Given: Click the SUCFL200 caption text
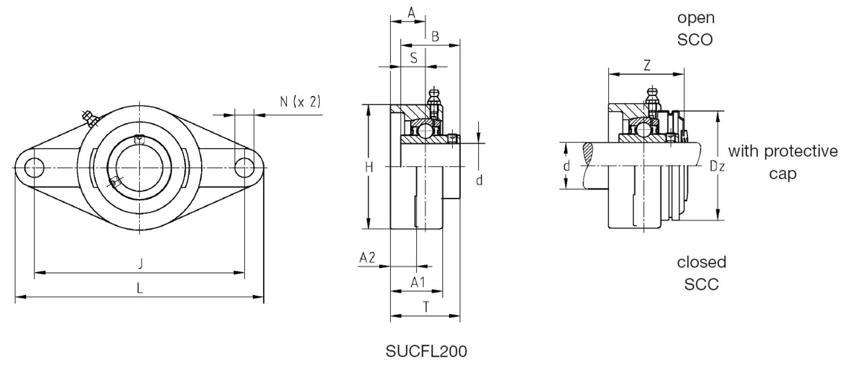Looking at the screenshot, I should click(426, 351).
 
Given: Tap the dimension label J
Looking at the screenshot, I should click(140, 263).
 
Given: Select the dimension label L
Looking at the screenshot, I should click(140, 288).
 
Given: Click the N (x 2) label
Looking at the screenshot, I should click(300, 102).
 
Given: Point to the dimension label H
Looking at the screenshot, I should click(369, 167).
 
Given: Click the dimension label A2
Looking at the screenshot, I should click(367, 258).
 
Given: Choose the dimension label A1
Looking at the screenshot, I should click(417, 282).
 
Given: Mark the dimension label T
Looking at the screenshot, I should click(425, 306).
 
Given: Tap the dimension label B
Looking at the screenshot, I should click(435, 37).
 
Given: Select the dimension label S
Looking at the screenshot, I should click(414, 57).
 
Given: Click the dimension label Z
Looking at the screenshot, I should click(646, 65).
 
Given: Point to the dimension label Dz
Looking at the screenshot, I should click(717, 166).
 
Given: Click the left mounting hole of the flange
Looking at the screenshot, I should click(35, 168).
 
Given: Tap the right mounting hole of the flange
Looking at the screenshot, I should click(245, 168).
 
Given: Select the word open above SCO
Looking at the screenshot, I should click(695, 18).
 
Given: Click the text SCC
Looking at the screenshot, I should click(701, 284).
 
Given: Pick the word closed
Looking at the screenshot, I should click(701, 262).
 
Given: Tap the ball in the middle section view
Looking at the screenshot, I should click(425, 130).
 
